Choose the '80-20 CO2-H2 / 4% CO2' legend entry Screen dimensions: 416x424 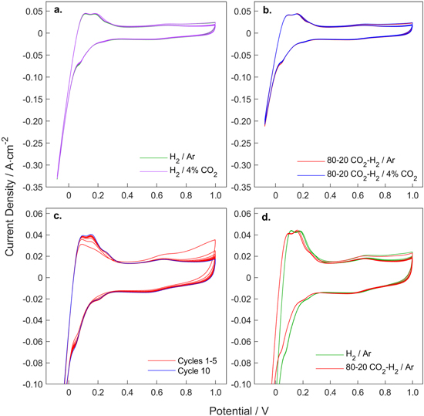click(364, 174)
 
